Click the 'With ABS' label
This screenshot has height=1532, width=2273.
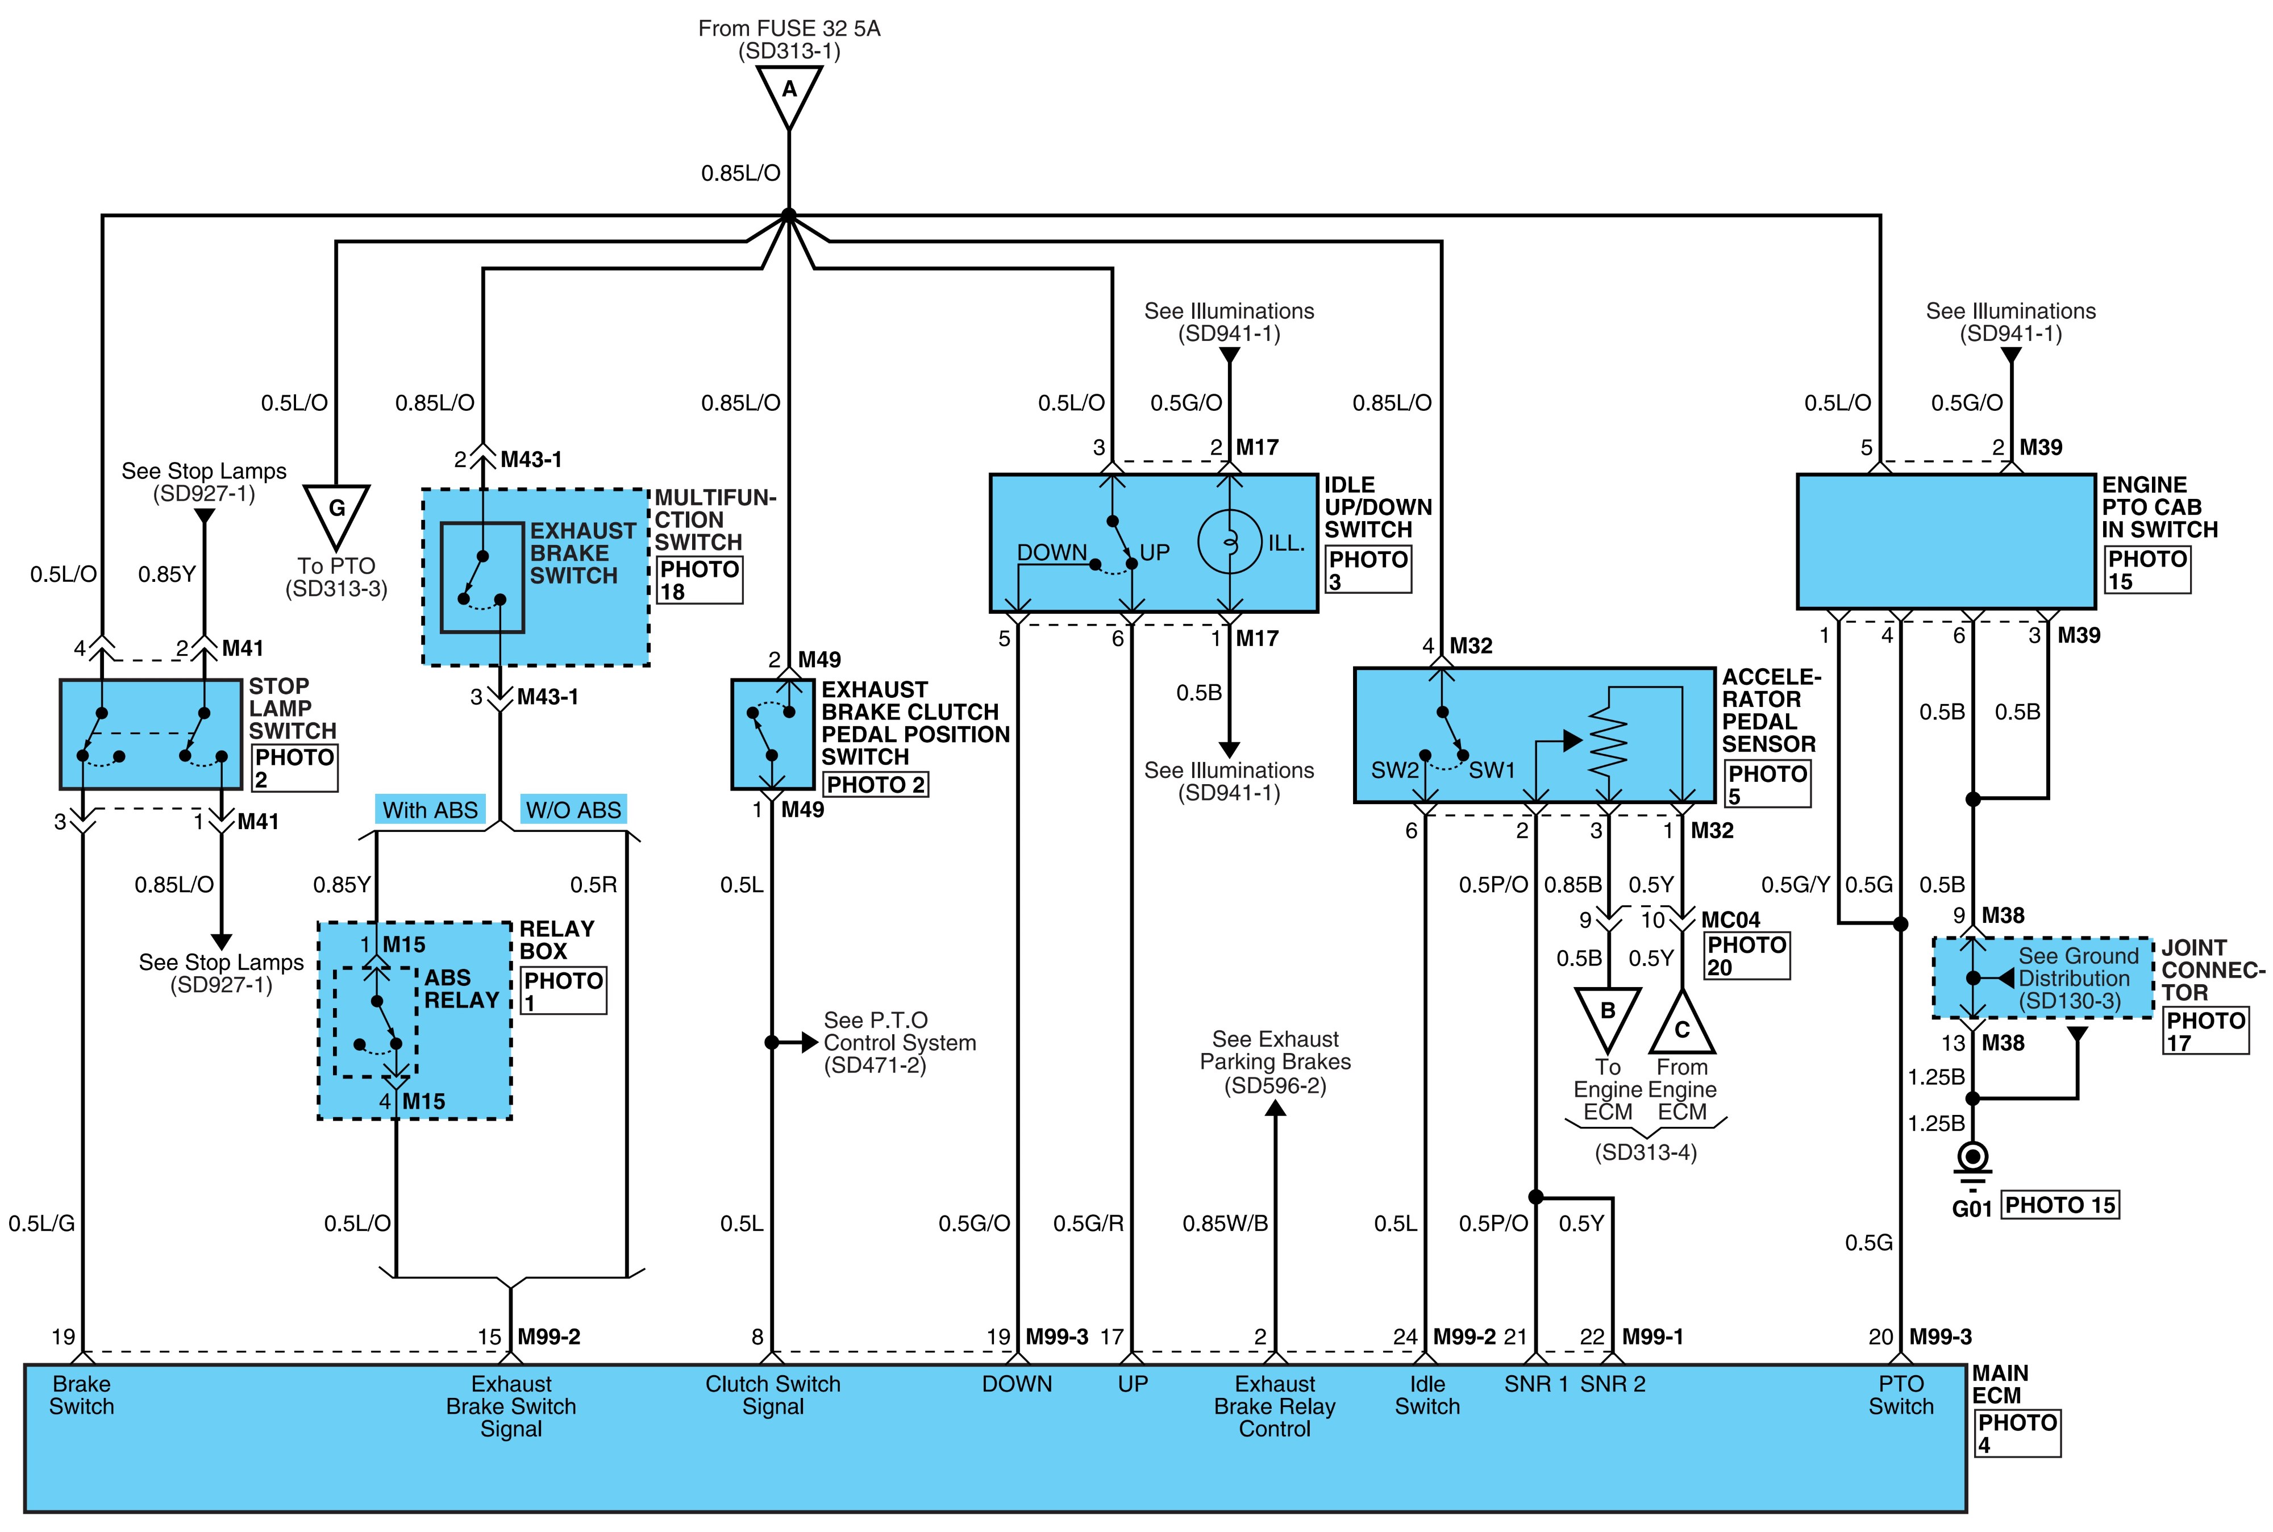(x=430, y=810)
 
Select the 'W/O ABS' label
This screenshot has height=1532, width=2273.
(x=573, y=810)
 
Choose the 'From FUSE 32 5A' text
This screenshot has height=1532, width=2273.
(x=789, y=28)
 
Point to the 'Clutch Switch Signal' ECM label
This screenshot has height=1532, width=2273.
(x=773, y=1395)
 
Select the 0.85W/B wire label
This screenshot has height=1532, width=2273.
(x=1225, y=1223)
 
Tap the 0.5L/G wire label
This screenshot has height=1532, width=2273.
(x=42, y=1223)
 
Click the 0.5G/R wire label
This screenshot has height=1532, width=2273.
(x=1088, y=1223)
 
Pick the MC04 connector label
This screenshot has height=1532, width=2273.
(x=1730, y=921)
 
